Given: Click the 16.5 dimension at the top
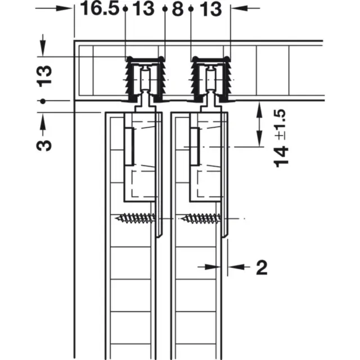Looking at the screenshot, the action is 100,9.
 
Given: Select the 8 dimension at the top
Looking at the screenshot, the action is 178,9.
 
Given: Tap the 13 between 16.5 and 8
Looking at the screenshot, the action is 143,9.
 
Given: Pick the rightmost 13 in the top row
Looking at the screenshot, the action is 211,9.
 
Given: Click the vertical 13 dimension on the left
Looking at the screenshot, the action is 44,76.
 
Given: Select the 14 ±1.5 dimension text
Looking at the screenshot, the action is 281,138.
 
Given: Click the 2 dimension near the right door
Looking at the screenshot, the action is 262,268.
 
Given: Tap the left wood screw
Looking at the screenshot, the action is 136,218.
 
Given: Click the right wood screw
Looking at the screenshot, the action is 201,218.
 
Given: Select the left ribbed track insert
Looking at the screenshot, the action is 145,79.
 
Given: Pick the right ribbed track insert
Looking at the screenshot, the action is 210,79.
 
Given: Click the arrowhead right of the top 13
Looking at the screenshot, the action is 239,8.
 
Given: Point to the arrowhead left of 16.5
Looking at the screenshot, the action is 64,8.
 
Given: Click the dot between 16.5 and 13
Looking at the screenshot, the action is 125,9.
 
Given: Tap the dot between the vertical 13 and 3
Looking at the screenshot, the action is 43,101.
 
